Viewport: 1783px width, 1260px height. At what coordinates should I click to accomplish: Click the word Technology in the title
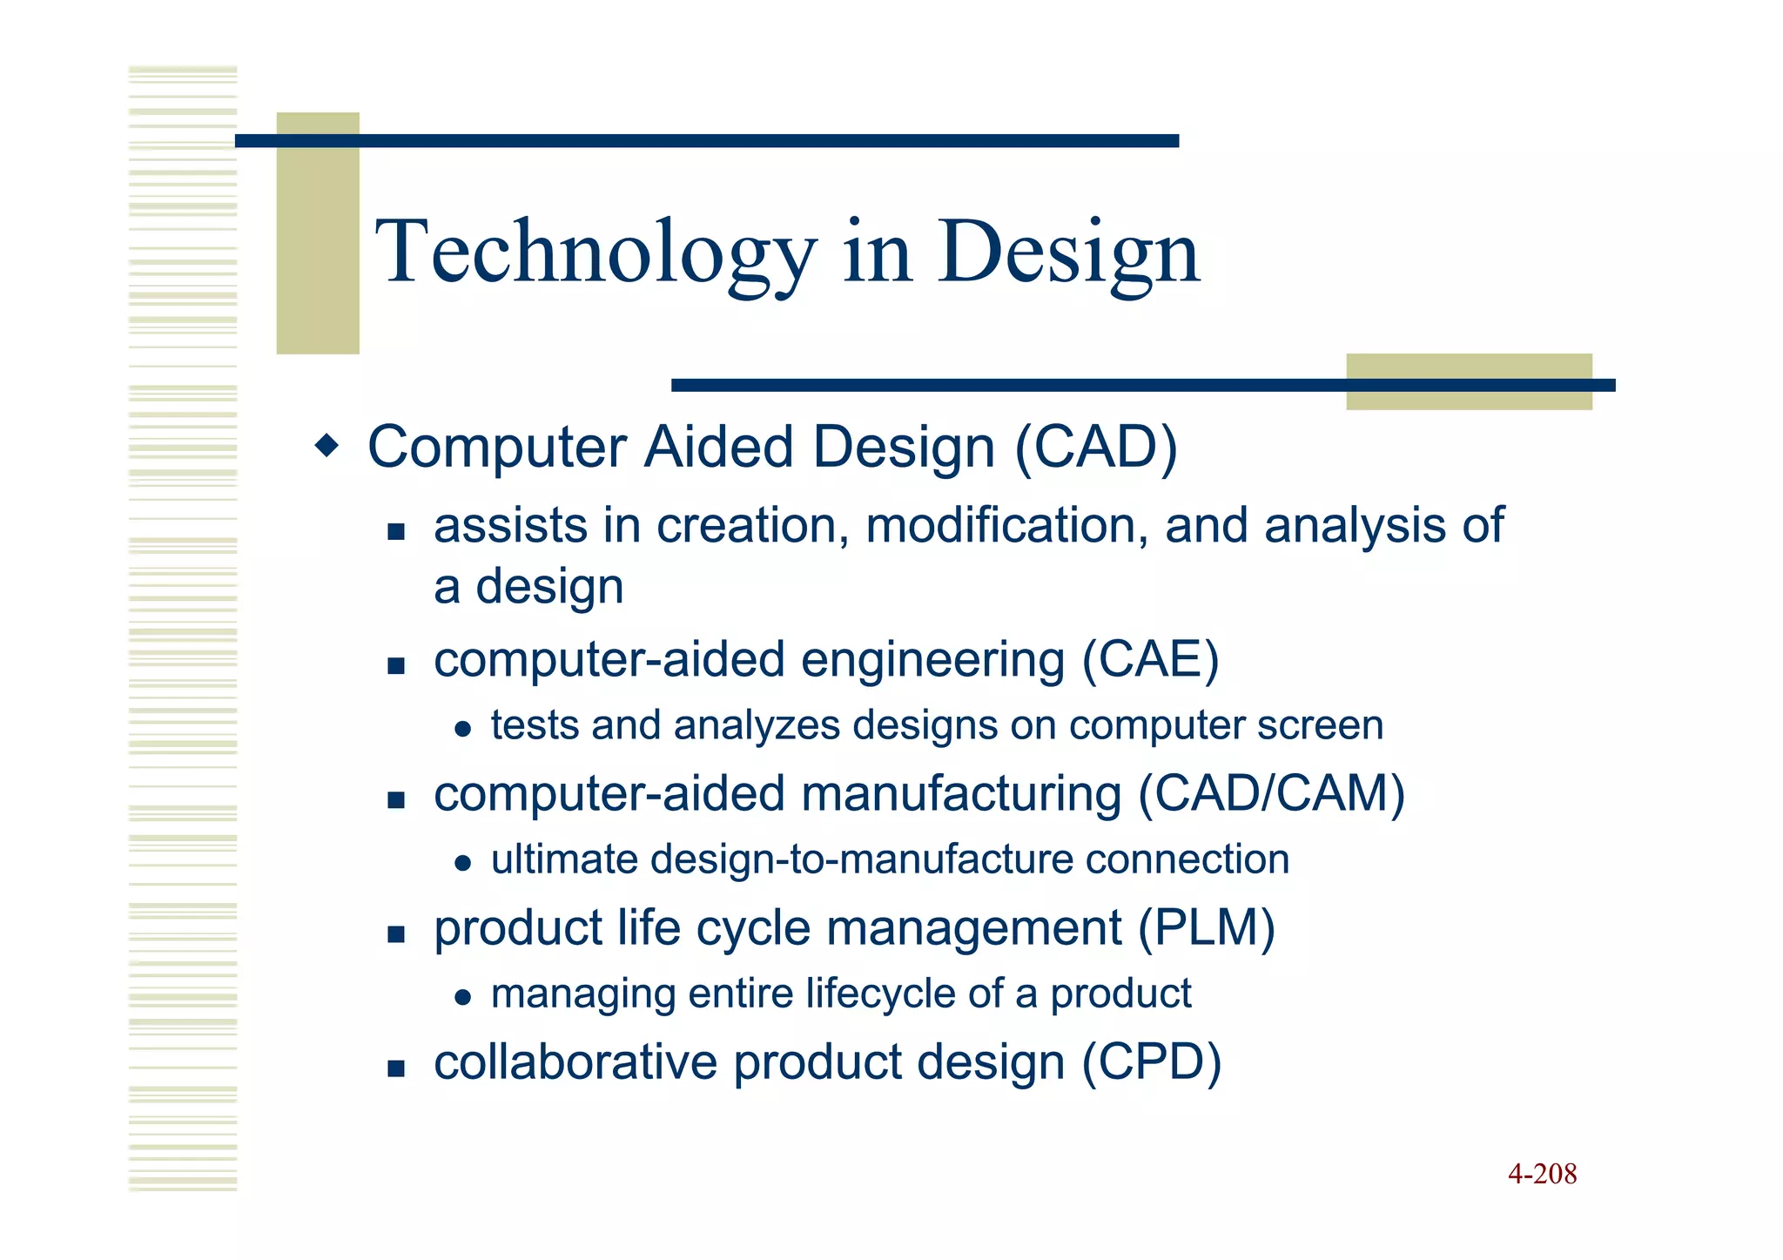tap(595, 253)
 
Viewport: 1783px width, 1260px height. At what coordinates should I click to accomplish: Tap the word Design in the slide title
tap(1068, 253)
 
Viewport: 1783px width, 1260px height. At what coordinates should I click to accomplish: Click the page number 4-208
tap(1542, 1174)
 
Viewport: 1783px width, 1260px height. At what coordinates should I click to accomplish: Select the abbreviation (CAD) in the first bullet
tap(1096, 448)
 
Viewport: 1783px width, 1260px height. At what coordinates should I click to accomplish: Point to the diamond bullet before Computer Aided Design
tap(327, 447)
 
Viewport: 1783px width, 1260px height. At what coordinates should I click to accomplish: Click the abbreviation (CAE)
tap(1150, 659)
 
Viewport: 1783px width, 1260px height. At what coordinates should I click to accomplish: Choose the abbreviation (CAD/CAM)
tap(1272, 793)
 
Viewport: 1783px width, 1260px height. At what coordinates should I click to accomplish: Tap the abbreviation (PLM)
tap(1207, 927)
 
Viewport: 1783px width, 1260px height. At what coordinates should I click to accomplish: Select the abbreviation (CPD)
tap(1152, 1062)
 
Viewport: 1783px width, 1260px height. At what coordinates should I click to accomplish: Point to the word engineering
tap(932, 661)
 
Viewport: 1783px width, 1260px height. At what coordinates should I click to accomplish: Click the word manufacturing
tap(961, 795)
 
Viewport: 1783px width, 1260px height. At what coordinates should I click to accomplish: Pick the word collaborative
tap(575, 1062)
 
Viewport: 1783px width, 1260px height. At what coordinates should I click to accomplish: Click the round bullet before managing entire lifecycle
tap(463, 998)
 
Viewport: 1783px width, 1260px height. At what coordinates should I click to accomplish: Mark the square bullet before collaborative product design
tap(396, 1068)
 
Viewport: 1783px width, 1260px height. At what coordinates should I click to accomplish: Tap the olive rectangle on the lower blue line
tap(1469, 382)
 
